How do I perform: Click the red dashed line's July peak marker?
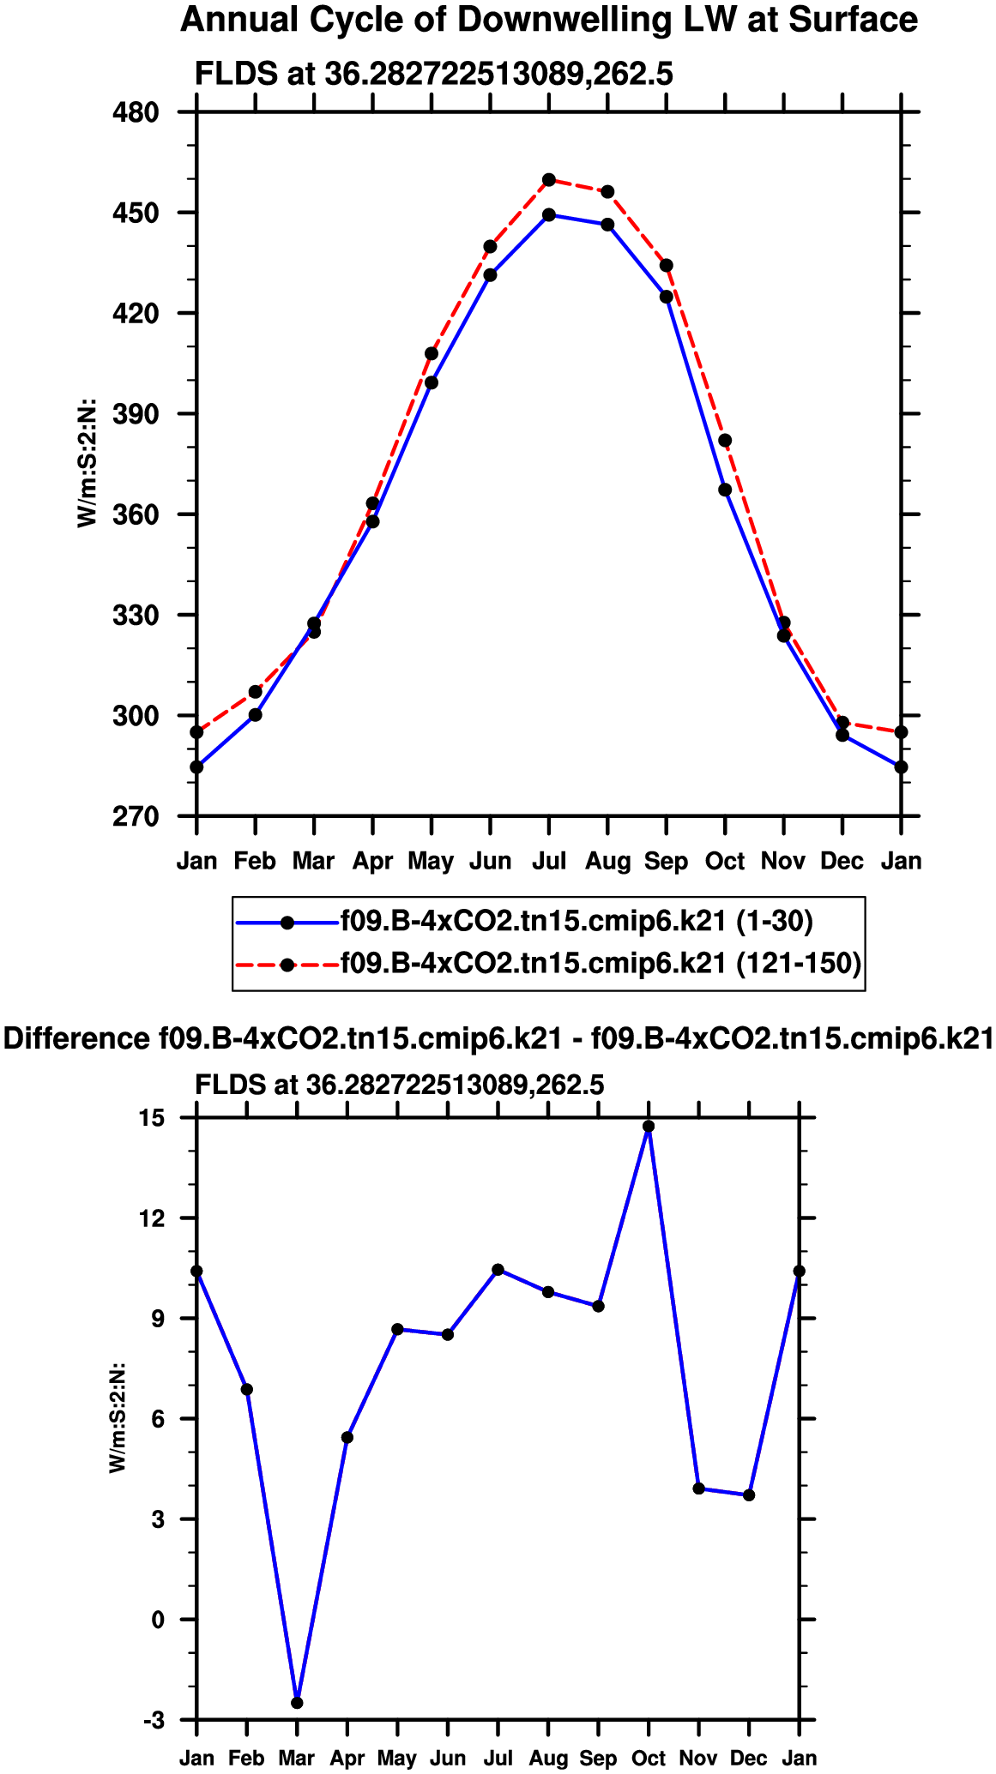(549, 180)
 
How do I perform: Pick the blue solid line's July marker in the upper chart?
(549, 215)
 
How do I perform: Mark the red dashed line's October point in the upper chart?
(725, 441)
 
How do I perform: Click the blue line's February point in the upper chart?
(255, 715)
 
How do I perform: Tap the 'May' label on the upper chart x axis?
(431, 861)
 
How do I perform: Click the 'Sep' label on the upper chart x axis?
(667, 861)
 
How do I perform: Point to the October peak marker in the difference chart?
(649, 1127)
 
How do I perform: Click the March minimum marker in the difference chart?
(297, 1702)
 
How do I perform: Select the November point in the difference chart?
(699, 1488)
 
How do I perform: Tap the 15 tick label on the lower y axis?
(152, 1118)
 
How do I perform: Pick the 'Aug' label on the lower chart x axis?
(548, 1759)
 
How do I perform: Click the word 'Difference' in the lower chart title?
(77, 1039)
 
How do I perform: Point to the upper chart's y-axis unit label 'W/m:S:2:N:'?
(87, 463)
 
